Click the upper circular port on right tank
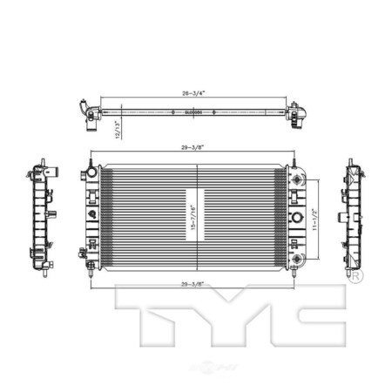coord(299,178)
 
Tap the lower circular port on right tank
coord(299,259)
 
